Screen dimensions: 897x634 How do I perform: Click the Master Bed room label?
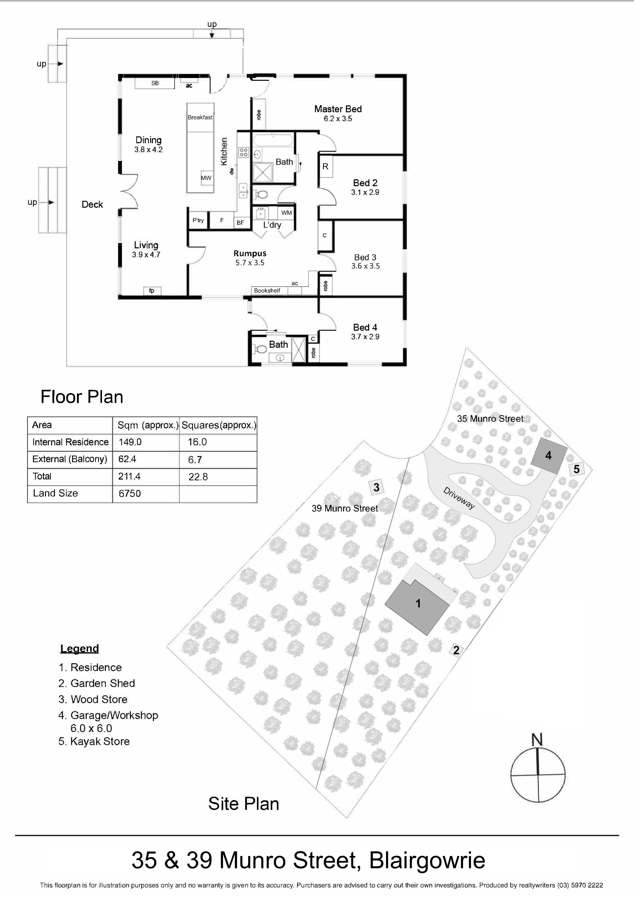pyautogui.click(x=338, y=109)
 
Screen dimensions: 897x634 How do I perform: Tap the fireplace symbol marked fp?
pyautogui.click(x=152, y=290)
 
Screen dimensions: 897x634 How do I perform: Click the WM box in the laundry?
pyautogui.click(x=287, y=213)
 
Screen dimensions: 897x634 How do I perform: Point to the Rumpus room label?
pyautogui.click(x=250, y=253)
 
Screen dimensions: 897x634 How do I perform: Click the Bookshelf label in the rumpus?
pyautogui.click(x=267, y=291)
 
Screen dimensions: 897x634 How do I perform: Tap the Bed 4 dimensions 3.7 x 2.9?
pyautogui.click(x=365, y=337)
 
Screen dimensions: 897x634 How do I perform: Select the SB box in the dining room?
pyautogui.click(x=155, y=83)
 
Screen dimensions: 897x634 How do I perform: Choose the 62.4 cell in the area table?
pyautogui.click(x=127, y=459)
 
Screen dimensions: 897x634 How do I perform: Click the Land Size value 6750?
pyautogui.click(x=130, y=493)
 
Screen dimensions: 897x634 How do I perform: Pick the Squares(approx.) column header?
pyautogui.click(x=219, y=425)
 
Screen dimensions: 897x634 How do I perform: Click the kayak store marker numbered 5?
pyautogui.click(x=577, y=469)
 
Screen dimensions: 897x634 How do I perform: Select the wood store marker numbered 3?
pyautogui.click(x=376, y=487)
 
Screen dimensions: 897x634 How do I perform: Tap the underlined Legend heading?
pyautogui.click(x=80, y=649)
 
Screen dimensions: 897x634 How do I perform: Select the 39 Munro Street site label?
pyautogui.click(x=345, y=508)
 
